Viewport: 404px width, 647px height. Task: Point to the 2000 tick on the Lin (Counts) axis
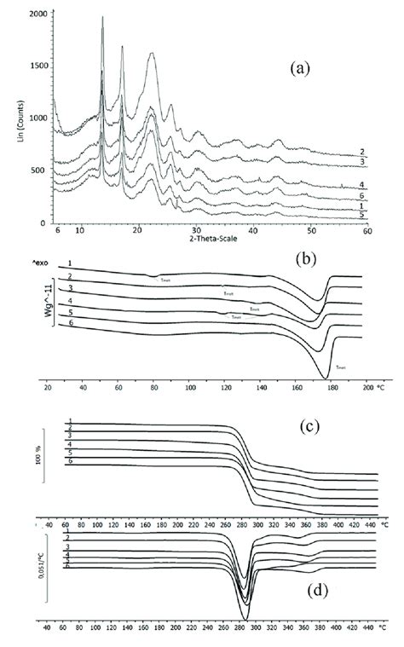37,15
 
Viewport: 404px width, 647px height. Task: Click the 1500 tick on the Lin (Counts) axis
37,67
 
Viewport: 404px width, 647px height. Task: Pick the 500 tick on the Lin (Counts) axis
39,170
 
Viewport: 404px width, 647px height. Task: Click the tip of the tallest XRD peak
103,17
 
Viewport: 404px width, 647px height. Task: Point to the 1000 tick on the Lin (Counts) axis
37,119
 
